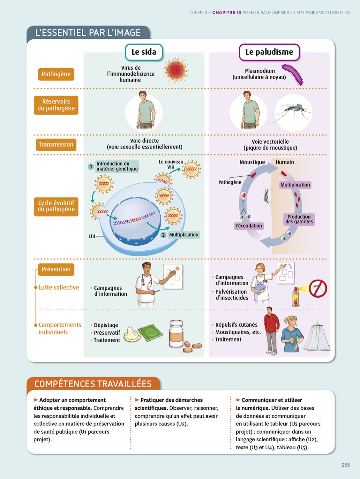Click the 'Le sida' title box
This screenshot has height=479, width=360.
click(x=144, y=52)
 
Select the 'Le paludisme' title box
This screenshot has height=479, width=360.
click(x=269, y=52)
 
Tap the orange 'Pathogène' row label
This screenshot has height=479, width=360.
click(x=56, y=74)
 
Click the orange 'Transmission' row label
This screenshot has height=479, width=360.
click(x=56, y=145)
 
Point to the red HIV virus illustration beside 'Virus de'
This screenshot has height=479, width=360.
click(x=176, y=70)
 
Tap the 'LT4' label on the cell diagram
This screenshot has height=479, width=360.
click(x=92, y=236)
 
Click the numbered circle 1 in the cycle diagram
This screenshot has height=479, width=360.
click(x=91, y=166)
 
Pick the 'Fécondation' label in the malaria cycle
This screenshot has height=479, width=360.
click(x=249, y=226)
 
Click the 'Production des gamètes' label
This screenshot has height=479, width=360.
click(x=299, y=219)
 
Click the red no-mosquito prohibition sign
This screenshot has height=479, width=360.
click(x=318, y=289)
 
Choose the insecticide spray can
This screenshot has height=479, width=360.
click(x=296, y=297)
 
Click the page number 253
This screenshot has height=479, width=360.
click(x=345, y=465)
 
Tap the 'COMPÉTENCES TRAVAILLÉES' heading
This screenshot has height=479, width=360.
click(x=93, y=384)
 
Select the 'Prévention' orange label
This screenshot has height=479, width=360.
click(x=56, y=269)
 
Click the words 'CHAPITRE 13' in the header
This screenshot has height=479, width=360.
click(x=227, y=12)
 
